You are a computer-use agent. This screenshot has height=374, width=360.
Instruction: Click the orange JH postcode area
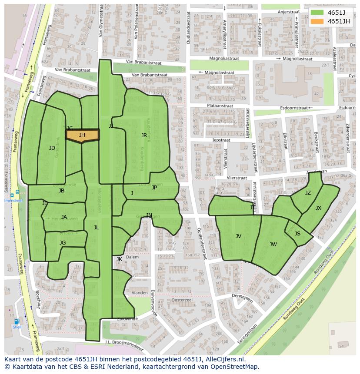(82, 135)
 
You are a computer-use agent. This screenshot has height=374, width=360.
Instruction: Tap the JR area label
(144, 135)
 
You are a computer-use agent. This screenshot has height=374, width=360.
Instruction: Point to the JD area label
(52, 148)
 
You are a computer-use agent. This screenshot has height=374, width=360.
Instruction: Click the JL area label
(96, 227)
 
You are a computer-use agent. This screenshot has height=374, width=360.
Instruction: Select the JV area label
(238, 236)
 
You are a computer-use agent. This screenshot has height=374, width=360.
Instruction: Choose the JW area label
(273, 245)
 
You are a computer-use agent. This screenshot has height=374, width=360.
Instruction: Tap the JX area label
(318, 208)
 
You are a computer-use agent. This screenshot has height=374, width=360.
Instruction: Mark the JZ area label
(308, 193)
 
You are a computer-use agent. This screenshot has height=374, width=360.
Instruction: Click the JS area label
(297, 234)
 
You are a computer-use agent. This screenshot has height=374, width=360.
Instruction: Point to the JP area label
(154, 188)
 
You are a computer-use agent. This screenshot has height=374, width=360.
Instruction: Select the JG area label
(63, 243)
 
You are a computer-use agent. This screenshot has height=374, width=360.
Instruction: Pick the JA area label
(64, 217)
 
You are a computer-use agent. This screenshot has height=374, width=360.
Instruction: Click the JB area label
(61, 191)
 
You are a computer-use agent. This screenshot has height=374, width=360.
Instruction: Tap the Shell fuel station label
(17, 328)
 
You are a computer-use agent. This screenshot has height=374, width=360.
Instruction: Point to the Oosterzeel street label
(182, 300)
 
